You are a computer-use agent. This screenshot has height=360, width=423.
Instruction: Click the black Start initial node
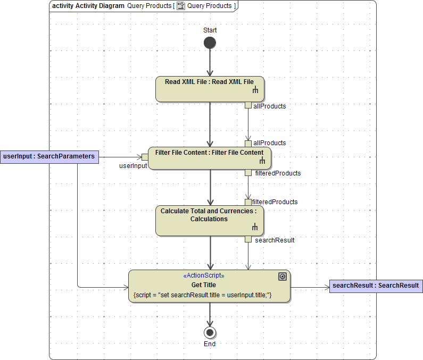210,43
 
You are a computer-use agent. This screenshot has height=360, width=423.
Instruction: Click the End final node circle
210,332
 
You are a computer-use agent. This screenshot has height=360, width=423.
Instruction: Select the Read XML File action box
210,89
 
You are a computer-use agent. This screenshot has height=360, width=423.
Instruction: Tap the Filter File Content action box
210,158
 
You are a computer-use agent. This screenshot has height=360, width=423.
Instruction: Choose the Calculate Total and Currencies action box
210,221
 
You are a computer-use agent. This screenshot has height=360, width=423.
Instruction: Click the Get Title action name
204,285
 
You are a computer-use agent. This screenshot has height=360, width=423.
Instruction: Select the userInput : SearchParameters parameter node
49,156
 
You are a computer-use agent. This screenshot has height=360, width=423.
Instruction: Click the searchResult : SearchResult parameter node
376,286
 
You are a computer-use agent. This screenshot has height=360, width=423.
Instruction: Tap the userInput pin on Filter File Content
145,156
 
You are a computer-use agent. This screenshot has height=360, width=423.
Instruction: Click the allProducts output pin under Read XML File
248,105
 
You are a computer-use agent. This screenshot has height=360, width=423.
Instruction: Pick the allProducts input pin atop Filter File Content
248,144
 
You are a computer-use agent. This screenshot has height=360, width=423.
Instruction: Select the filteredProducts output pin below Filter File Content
248,173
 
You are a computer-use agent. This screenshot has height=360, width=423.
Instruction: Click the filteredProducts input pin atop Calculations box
248,202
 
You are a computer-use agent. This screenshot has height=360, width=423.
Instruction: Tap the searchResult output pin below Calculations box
248,239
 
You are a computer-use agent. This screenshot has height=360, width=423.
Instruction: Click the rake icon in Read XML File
255,91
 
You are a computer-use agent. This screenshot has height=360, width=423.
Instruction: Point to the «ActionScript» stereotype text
204,276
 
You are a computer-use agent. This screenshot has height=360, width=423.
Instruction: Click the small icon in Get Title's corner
283,277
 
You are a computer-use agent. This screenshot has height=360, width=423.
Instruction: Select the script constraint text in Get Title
203,295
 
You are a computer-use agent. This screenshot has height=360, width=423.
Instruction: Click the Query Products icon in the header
181,6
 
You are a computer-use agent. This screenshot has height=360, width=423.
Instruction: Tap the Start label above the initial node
210,30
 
